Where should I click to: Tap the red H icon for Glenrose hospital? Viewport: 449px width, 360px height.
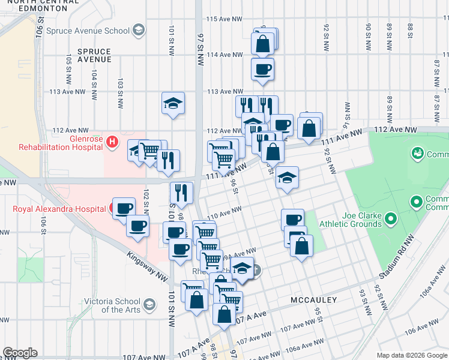coord(111,142)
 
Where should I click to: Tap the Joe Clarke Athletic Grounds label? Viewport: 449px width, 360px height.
coord(354,220)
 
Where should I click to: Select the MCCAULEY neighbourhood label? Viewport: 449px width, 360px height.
coord(313,299)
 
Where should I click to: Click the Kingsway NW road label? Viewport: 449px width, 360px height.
coord(147,266)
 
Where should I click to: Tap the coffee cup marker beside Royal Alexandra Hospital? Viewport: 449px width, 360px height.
coord(124,208)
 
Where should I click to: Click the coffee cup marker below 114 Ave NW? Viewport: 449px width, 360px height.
coord(262,70)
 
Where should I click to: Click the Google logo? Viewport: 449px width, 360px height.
coord(20,353)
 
